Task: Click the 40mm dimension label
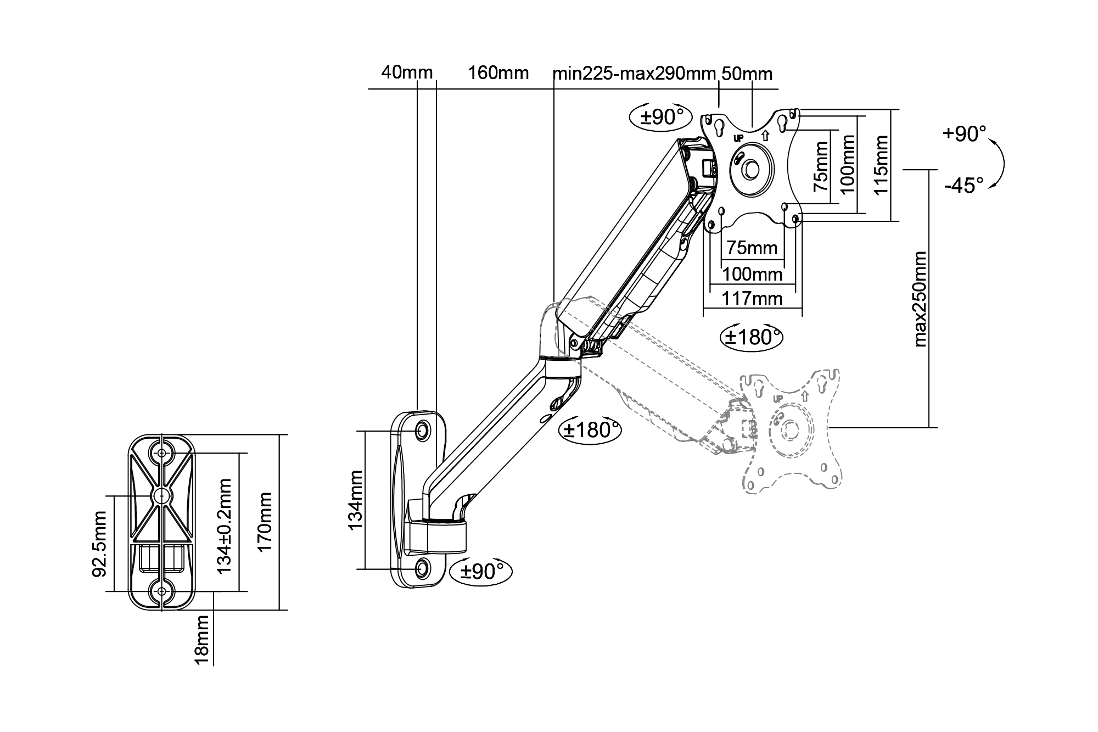click(407, 72)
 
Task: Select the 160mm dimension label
click(498, 72)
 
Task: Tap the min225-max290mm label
click(634, 73)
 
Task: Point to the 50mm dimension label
click(747, 74)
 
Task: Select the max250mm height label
click(920, 299)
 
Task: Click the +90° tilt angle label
click(964, 134)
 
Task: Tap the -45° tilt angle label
click(964, 186)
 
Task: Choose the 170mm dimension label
click(265, 522)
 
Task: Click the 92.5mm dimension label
click(100, 544)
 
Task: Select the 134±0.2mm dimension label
click(224, 526)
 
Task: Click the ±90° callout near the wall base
click(481, 571)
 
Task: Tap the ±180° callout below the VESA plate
click(751, 337)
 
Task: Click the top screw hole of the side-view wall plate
click(422, 430)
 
